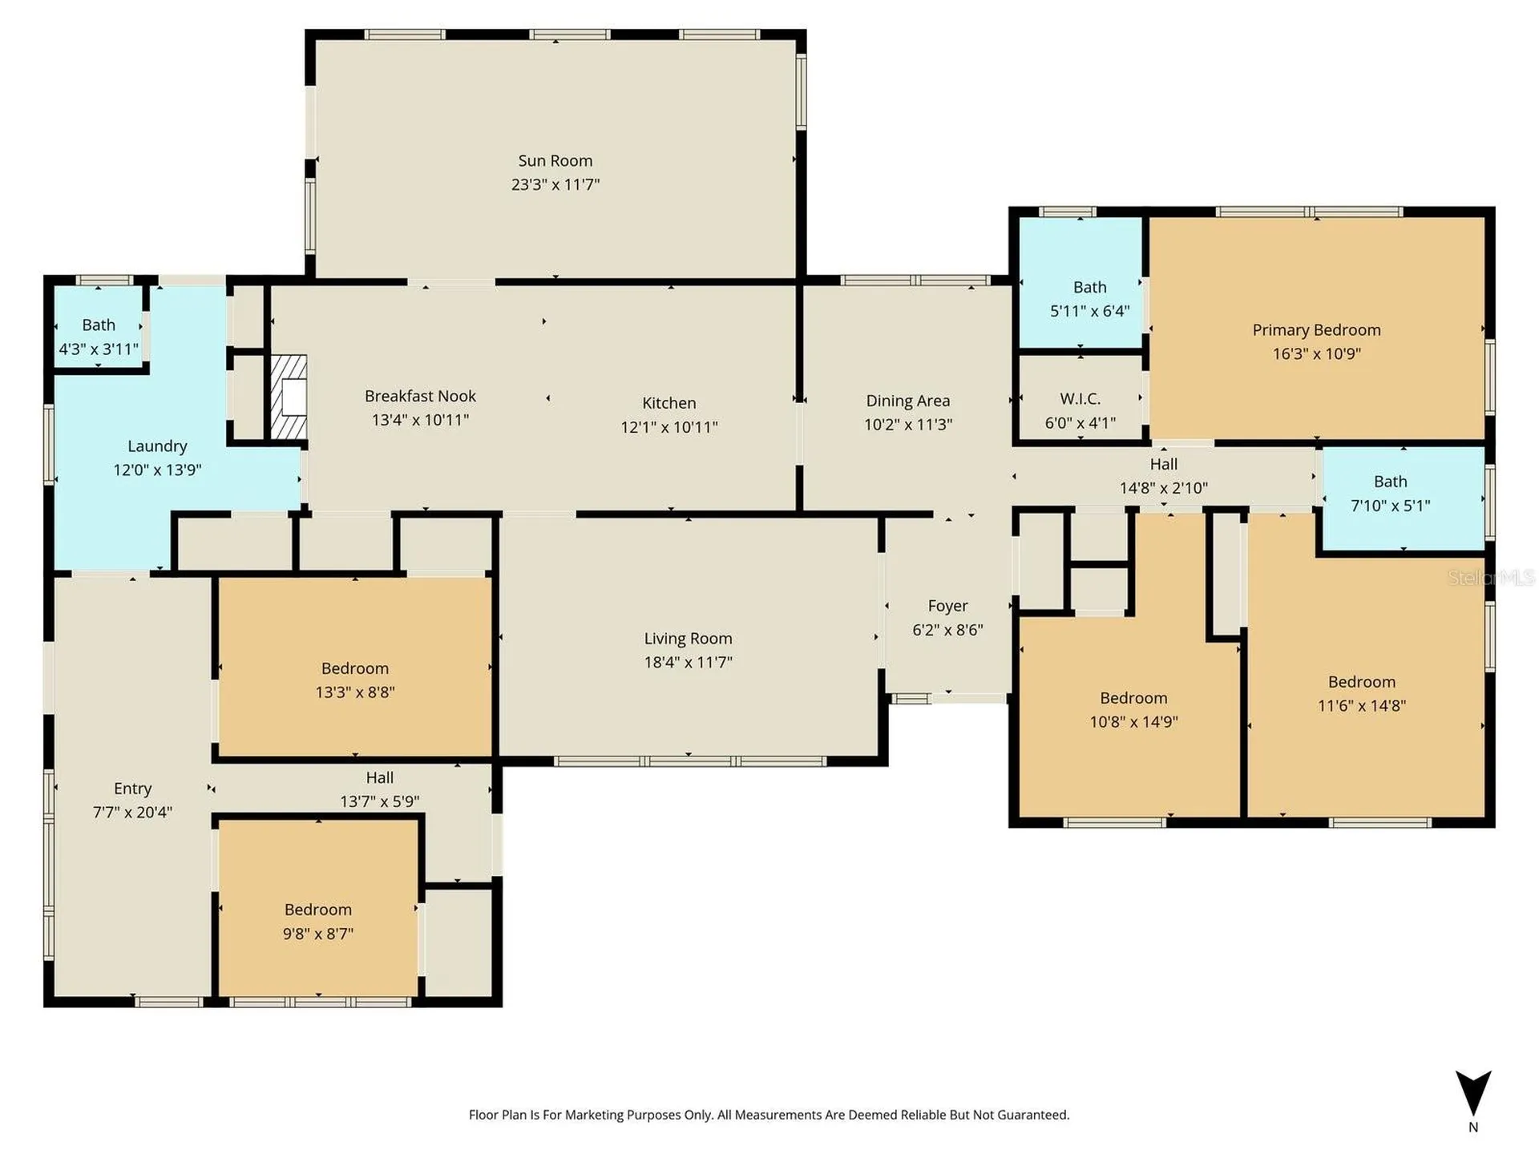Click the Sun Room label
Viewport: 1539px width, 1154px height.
(555, 161)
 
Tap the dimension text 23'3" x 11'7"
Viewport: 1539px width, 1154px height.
(555, 184)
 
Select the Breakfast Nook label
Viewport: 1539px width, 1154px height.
(420, 396)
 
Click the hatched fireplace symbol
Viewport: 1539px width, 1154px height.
(289, 397)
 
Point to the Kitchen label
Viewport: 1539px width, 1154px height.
(669, 403)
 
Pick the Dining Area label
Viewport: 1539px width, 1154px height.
(907, 401)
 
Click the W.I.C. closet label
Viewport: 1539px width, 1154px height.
(1080, 399)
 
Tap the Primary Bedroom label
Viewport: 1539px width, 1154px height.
(1316, 330)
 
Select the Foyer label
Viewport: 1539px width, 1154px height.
(947, 607)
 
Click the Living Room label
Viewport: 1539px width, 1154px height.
(688, 639)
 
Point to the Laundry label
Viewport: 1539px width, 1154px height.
(157, 446)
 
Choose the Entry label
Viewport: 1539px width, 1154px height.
(132, 789)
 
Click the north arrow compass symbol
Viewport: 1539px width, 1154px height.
(1473, 1092)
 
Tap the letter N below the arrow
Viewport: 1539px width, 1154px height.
(1473, 1128)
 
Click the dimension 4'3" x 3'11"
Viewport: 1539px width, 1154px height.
(99, 349)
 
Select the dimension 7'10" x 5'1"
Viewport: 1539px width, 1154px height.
(1390, 506)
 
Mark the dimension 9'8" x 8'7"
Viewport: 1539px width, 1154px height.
(317, 934)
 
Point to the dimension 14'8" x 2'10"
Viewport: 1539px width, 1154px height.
(1163, 488)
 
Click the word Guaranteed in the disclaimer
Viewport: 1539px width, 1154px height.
(1032, 1115)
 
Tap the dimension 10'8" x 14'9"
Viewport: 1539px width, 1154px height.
(1133, 722)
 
